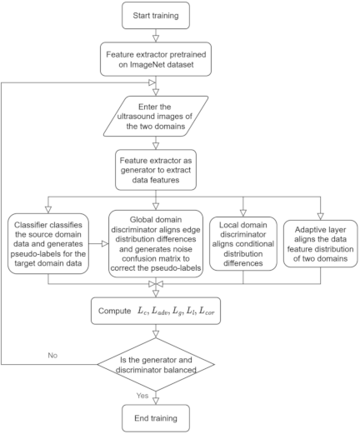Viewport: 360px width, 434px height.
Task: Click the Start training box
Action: click(156, 16)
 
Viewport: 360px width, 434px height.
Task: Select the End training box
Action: click(156, 418)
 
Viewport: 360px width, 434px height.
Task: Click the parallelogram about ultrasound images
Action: click(156, 117)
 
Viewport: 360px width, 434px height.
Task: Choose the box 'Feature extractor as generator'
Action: click(156, 170)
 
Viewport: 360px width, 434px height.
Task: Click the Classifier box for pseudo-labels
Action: click(48, 244)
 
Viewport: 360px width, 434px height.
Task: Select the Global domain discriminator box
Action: click(156, 244)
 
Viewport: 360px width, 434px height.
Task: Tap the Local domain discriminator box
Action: click(243, 244)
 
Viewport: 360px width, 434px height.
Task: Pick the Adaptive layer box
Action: click(320, 244)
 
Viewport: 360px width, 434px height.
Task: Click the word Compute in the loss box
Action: click(114, 311)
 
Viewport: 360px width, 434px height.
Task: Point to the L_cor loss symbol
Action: click(207, 311)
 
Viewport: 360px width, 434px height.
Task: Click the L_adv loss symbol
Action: click(160, 311)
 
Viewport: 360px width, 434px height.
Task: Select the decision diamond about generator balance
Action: click(156, 364)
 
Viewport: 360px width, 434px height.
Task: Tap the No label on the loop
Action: click(52, 355)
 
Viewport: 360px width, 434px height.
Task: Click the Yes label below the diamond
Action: click(142, 396)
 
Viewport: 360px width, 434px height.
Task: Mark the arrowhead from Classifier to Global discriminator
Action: click(105, 244)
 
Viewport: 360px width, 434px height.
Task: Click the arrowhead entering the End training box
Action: click(156, 401)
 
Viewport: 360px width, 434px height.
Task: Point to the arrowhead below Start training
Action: click(156, 38)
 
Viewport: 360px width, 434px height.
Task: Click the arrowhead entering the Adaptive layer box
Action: click(321, 217)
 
